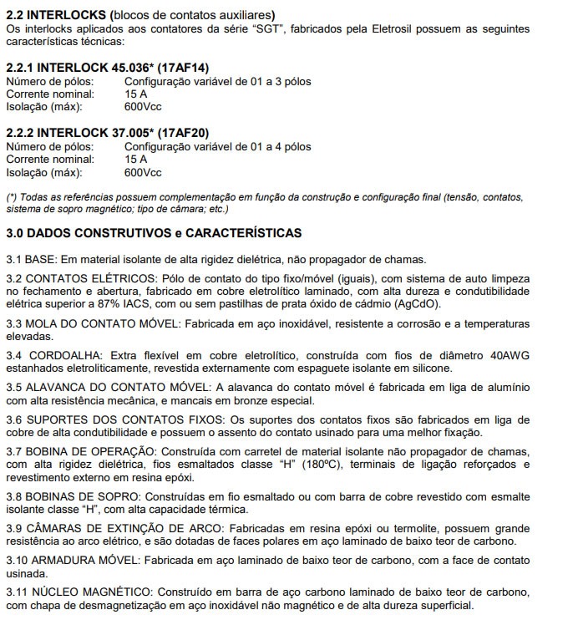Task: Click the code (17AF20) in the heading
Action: click(x=180, y=132)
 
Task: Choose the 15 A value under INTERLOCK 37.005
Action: click(x=136, y=159)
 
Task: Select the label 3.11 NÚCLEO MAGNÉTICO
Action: click(x=79, y=592)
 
